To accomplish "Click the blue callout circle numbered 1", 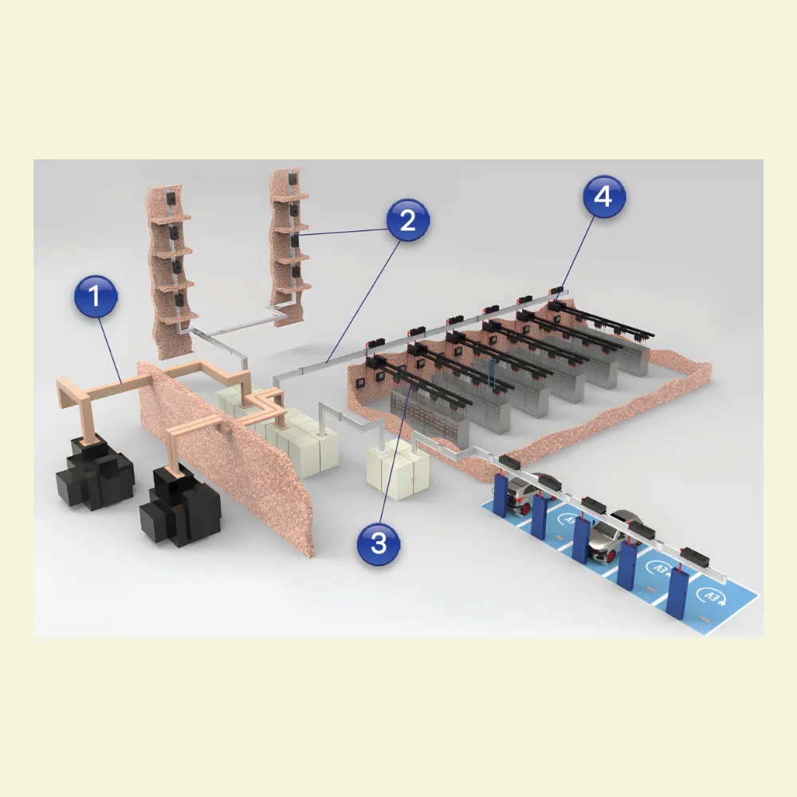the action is pyautogui.click(x=96, y=296).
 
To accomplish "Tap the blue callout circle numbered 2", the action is pyautogui.click(x=407, y=221).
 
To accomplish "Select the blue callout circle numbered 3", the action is pyautogui.click(x=379, y=543).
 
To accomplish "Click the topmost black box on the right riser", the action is pyautogui.click(x=292, y=178).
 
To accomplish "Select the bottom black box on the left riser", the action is pyautogui.click(x=179, y=300).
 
